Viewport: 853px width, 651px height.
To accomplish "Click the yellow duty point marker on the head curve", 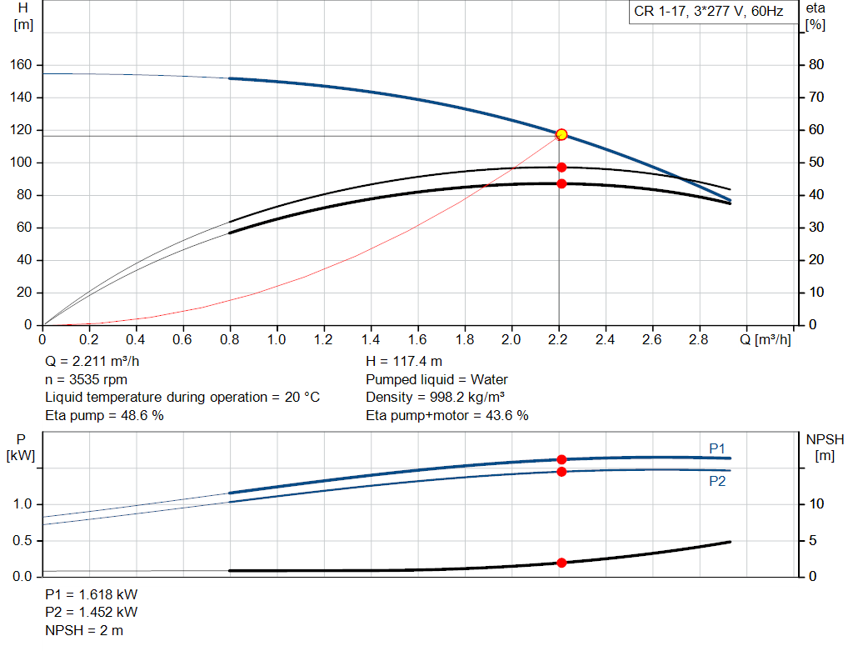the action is click(x=561, y=134).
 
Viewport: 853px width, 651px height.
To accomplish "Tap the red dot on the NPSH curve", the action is click(x=561, y=563).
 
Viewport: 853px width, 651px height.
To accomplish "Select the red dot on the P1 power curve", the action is click(x=561, y=460).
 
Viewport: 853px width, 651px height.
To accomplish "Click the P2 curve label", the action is click(x=717, y=481).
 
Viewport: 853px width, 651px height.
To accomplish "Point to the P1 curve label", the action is click(x=717, y=448).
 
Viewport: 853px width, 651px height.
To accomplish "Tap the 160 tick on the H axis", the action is click(x=21, y=65).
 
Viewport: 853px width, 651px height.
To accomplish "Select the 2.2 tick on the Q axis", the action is click(x=558, y=339).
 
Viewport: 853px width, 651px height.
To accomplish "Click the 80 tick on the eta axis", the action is click(x=816, y=65).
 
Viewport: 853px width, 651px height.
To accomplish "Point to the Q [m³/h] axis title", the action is click(x=765, y=339).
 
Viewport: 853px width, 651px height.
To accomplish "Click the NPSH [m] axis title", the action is click(x=825, y=448).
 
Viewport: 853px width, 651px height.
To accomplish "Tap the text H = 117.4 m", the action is click(x=404, y=362).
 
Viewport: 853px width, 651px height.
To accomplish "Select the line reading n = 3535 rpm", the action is click(x=86, y=379).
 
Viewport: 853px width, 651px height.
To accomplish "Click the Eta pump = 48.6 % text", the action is click(x=104, y=415).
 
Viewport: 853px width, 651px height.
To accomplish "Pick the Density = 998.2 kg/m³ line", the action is click(x=435, y=398).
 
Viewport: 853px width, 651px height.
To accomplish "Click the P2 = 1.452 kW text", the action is click(x=92, y=613).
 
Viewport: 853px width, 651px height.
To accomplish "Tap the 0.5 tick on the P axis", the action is click(x=22, y=540).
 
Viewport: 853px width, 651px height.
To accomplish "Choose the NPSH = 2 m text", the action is click(x=84, y=630).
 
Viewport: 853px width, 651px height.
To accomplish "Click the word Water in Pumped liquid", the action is click(x=489, y=379).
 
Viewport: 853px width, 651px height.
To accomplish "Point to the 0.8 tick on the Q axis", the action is click(x=230, y=339).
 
